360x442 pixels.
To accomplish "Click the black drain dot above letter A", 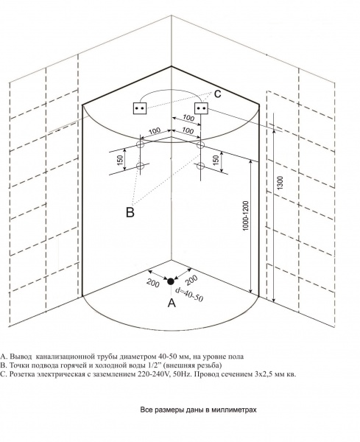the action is (x=170, y=281).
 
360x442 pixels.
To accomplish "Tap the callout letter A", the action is (x=172, y=303).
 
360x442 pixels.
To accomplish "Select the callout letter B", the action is (x=130, y=212).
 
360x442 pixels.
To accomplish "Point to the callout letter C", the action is (x=217, y=94).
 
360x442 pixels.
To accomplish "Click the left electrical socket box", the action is (x=140, y=108).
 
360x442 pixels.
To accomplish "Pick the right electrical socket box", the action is (x=202, y=108).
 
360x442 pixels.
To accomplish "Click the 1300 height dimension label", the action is (x=280, y=183).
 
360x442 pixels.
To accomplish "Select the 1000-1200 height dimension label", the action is (x=246, y=216).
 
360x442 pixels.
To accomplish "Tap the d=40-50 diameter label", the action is (x=188, y=294).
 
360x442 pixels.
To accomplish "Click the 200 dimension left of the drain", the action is (x=153, y=283).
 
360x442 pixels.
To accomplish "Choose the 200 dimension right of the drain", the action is (x=192, y=280).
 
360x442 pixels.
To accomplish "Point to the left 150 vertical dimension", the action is (x=120, y=161).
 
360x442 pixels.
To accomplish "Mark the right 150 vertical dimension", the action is (x=216, y=160).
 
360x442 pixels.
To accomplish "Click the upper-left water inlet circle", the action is (x=141, y=145).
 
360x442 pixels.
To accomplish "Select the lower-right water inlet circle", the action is (x=200, y=166).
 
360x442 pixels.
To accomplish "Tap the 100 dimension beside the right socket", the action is (x=188, y=118).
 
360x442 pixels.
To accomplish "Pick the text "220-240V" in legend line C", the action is (x=147, y=374).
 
